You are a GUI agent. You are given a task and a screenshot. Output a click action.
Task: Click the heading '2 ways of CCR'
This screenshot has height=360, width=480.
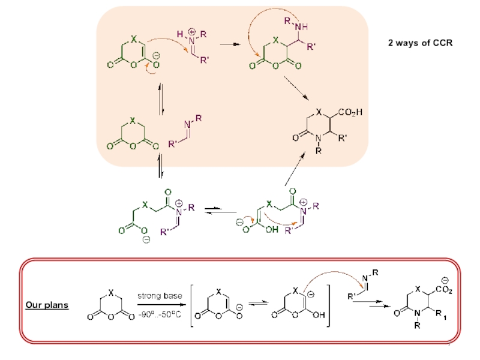point(419,43)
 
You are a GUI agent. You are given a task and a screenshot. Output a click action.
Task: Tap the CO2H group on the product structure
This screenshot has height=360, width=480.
point(350,112)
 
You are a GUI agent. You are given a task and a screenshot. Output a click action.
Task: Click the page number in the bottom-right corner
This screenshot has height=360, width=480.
point(451,350)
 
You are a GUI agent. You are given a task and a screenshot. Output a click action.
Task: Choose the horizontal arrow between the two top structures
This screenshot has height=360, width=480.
point(228,44)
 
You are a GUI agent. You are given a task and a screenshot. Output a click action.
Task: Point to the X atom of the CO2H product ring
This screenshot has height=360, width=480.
point(319,112)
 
